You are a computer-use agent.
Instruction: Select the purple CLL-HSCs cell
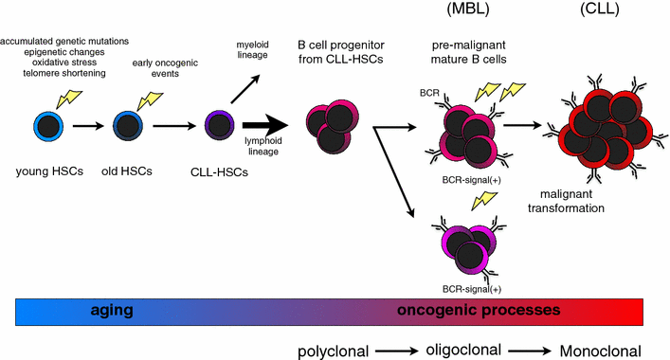pos(220,123)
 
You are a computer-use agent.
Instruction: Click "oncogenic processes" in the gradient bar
pos(479,310)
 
